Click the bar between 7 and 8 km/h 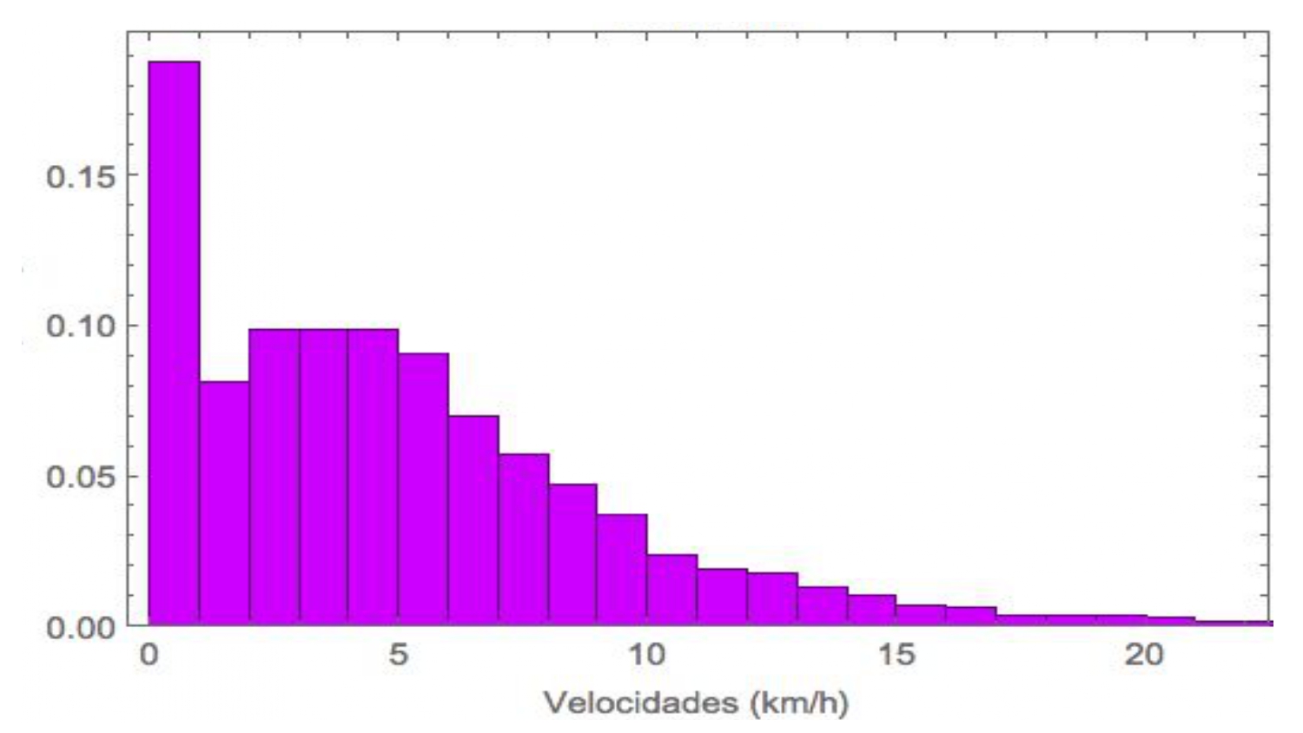[x=523, y=538]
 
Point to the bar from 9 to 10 [x=622, y=569]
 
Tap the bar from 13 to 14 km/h [x=822, y=605]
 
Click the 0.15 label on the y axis [x=81, y=176]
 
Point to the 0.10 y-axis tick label [x=81, y=327]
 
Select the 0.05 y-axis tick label [x=81, y=477]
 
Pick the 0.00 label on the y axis [x=81, y=627]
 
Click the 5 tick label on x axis [x=398, y=654]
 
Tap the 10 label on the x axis [x=646, y=654]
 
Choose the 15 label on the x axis [x=896, y=654]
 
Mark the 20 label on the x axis [x=1144, y=654]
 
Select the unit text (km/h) [x=795, y=702]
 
